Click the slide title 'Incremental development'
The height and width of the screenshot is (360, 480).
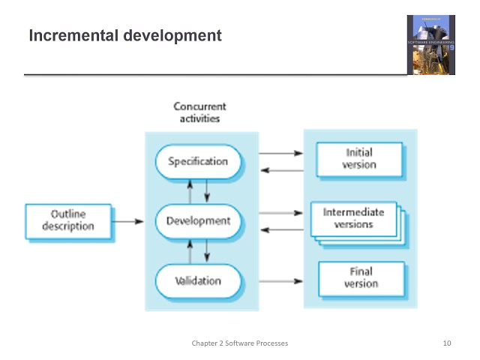(124, 35)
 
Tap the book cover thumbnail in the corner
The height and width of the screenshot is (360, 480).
(430, 45)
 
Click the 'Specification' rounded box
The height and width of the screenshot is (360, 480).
(198, 161)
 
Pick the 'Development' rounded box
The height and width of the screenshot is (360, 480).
(198, 221)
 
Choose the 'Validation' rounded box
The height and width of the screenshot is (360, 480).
(198, 281)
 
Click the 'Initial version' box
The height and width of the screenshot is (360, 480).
(358, 158)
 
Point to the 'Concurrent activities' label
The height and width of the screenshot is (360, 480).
(199, 112)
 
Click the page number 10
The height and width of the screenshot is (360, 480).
(448, 343)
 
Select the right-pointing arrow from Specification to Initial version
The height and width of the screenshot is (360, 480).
(280, 154)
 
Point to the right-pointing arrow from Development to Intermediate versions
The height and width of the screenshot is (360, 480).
(280, 213)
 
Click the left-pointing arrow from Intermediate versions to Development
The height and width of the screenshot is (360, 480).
(280, 229)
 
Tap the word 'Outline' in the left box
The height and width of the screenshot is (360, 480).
(68, 214)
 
